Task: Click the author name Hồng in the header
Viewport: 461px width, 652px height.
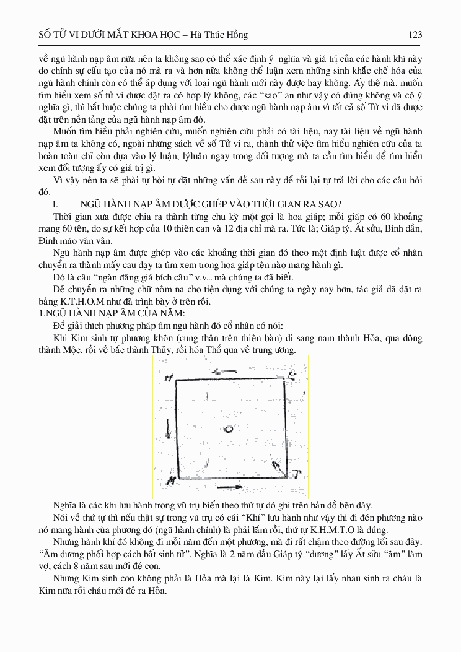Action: point(235,35)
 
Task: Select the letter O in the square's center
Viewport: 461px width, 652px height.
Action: point(229,428)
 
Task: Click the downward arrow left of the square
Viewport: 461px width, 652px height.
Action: point(167,427)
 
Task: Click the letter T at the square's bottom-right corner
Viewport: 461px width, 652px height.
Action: point(297,476)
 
